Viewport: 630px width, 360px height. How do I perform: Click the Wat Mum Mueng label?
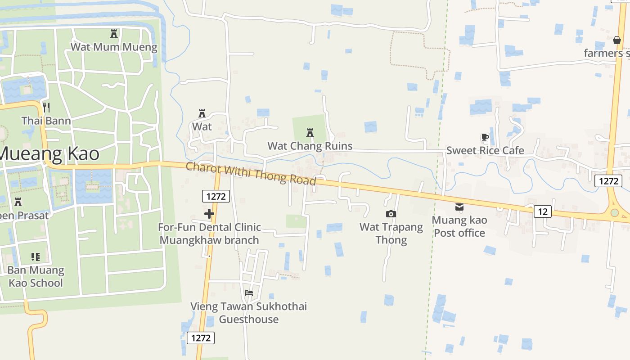pos(114,47)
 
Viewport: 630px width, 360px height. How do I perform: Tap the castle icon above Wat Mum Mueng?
pos(113,34)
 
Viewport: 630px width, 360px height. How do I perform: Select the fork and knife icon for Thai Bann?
pos(46,107)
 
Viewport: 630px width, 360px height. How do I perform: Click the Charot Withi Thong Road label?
pos(251,173)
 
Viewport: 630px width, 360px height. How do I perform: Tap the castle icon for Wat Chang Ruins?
pos(310,133)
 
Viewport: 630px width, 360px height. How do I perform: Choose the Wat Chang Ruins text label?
pos(310,146)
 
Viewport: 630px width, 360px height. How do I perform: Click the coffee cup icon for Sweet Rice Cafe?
pos(485,137)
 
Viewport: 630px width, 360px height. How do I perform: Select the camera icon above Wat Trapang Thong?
pos(391,214)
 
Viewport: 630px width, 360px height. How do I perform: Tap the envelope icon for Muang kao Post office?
pos(459,207)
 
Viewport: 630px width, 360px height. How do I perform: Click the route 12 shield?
pos(543,211)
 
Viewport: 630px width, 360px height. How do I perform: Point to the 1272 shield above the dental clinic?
pos(216,196)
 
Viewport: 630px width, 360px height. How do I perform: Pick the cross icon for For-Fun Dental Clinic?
pos(209,214)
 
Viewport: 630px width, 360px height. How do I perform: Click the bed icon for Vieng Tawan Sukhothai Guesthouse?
pos(248,293)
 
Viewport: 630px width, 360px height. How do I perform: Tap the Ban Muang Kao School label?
pos(36,276)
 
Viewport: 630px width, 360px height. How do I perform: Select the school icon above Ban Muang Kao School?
pos(36,257)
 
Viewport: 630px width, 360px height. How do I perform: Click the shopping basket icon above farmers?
pos(617,40)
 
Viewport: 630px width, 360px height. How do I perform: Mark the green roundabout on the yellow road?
pos(614,212)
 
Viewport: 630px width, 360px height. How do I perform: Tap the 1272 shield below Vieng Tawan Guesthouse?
pos(201,338)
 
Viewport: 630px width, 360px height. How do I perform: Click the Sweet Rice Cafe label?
pos(485,150)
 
